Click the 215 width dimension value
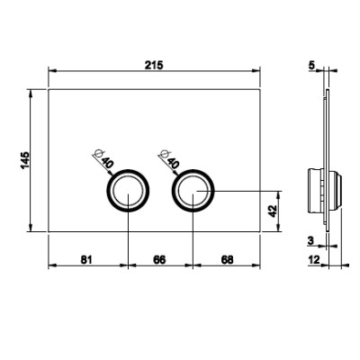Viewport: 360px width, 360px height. (154, 65)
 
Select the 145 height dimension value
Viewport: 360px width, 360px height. (25, 160)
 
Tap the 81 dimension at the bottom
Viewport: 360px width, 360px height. (86, 259)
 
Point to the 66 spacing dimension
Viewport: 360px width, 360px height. (159, 259)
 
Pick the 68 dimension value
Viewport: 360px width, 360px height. (227, 259)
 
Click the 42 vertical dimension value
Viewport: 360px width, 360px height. (273, 211)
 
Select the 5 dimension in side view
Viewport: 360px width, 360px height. (312, 65)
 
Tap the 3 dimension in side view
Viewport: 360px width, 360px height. (310, 240)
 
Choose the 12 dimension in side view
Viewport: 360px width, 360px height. (314, 259)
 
